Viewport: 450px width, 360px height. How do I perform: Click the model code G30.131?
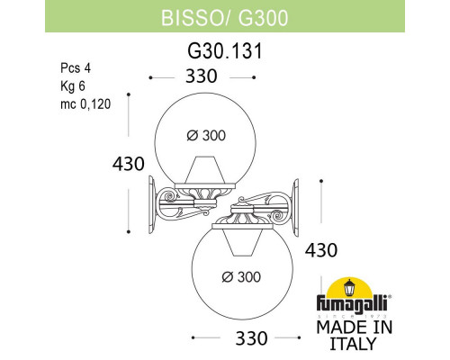[x=224, y=51]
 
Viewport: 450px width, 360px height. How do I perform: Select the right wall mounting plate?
[x=297, y=202]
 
